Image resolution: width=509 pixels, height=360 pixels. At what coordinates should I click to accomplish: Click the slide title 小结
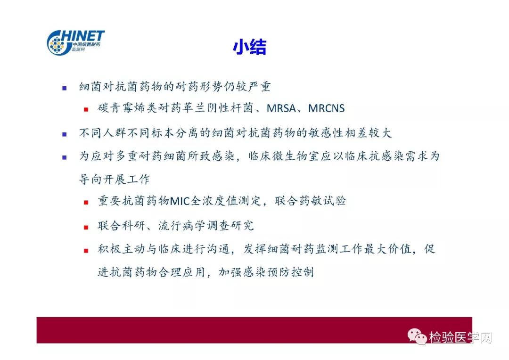(x=250, y=47)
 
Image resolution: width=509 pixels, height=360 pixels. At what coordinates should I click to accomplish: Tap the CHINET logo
(x=75, y=42)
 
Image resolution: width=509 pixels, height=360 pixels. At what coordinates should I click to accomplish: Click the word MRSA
(x=281, y=108)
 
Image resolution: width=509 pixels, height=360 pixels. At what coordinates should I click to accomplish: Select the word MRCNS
(x=326, y=108)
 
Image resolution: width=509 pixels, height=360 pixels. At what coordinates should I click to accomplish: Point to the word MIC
(x=180, y=201)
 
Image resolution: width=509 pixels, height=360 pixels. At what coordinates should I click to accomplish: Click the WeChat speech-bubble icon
(x=417, y=336)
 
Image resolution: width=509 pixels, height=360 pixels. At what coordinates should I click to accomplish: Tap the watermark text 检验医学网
(x=460, y=337)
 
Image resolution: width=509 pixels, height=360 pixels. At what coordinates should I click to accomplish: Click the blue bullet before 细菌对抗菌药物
(x=64, y=88)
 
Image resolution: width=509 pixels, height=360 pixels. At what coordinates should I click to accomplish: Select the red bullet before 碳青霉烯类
(x=86, y=109)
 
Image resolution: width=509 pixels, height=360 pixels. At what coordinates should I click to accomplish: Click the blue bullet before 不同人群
(x=64, y=134)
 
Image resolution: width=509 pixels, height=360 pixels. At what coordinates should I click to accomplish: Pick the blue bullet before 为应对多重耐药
(x=64, y=157)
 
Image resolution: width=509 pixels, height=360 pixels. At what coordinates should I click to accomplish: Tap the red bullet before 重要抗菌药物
(x=86, y=203)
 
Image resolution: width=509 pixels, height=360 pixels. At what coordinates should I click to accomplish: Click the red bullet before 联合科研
(x=86, y=227)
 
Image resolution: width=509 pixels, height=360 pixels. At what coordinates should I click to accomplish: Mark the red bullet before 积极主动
(x=86, y=251)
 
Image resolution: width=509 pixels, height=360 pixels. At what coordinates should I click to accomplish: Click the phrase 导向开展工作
(x=114, y=179)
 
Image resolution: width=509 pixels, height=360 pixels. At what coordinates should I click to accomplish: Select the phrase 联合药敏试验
(x=310, y=201)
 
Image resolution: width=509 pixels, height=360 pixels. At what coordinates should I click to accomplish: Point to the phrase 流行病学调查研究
(x=206, y=225)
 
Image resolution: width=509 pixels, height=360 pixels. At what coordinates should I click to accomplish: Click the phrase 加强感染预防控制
(x=266, y=272)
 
